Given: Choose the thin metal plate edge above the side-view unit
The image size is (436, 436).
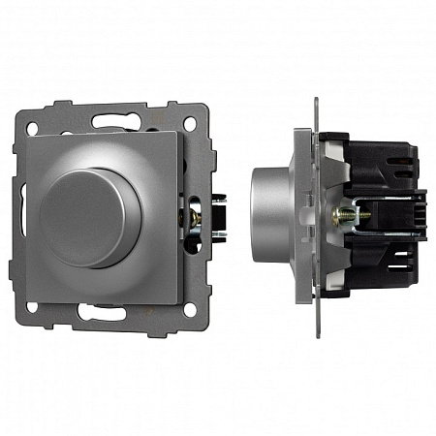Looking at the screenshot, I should click(x=316, y=111).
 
